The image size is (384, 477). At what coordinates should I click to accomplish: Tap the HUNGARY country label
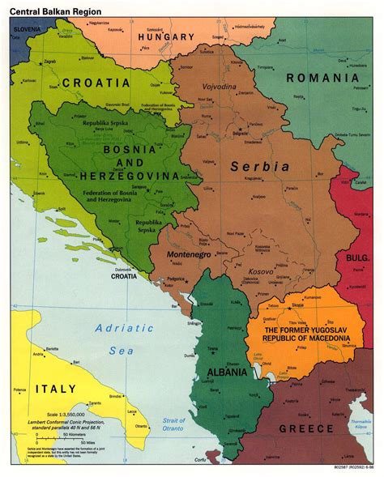[166, 36]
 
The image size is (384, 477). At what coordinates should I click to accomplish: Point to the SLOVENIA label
[26, 30]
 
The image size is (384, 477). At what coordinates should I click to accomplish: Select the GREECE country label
[305, 428]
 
